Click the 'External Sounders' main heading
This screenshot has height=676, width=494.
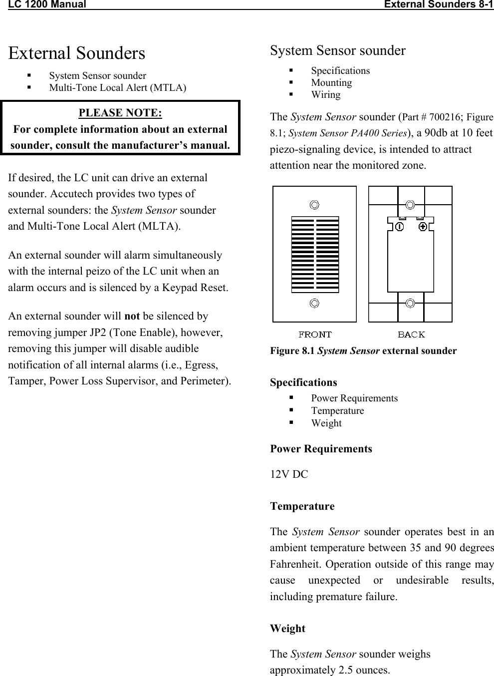(x=77, y=53)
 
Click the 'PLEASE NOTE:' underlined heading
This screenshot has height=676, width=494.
(x=120, y=113)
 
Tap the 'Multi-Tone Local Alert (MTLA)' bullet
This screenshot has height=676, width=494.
(x=117, y=88)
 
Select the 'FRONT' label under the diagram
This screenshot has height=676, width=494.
(x=315, y=334)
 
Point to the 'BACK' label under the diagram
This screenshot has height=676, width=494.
(x=411, y=334)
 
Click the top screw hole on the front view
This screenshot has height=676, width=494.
(x=314, y=205)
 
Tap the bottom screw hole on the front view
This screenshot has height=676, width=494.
(x=314, y=303)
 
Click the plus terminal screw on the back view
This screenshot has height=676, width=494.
(x=423, y=227)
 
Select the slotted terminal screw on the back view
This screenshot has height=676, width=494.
(x=399, y=227)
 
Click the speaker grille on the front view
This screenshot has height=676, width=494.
(x=315, y=255)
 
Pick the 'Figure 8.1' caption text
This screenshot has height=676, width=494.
(x=363, y=350)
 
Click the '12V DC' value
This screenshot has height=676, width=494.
(x=289, y=474)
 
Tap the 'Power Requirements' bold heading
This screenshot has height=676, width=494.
(x=321, y=449)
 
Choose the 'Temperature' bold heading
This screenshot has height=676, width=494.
(x=302, y=506)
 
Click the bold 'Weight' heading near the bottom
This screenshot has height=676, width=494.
(x=287, y=629)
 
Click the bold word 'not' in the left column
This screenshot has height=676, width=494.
(x=132, y=316)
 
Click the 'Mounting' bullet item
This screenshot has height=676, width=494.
(x=331, y=83)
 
